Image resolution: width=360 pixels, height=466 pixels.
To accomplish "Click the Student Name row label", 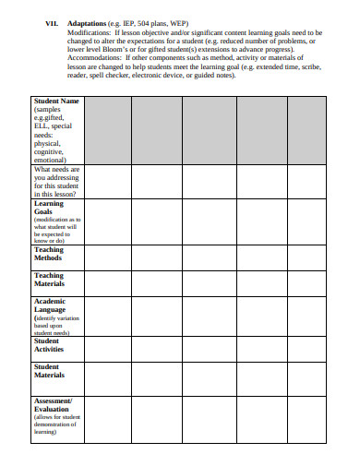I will [56, 101].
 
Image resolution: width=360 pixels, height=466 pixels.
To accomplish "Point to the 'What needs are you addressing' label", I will [56, 182].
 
